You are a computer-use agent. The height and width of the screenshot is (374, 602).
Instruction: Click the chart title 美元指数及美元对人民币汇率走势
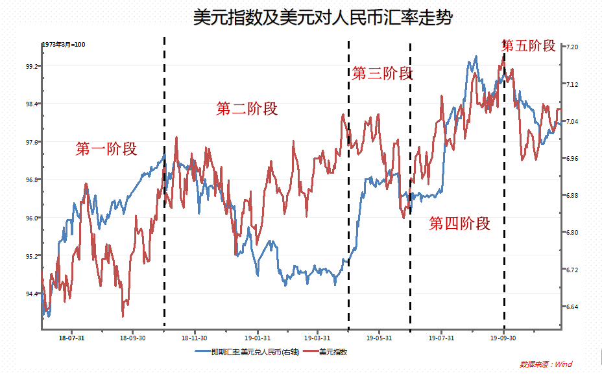(323, 18)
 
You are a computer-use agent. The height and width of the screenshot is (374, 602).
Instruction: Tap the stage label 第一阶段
(106, 149)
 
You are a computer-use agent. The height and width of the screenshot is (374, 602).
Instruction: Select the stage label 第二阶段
(247, 109)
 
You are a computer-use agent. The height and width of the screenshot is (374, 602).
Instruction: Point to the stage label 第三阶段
(382, 73)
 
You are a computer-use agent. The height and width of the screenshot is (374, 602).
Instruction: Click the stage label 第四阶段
(459, 224)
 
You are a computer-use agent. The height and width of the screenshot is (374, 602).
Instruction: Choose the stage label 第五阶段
(529, 45)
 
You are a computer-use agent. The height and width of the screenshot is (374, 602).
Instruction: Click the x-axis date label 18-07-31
(72, 338)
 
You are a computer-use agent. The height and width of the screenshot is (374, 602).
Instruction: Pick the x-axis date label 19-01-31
(258, 338)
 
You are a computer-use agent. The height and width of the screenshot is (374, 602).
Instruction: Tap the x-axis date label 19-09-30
(503, 338)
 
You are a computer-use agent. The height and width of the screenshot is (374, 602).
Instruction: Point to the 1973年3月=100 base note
(64, 44)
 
